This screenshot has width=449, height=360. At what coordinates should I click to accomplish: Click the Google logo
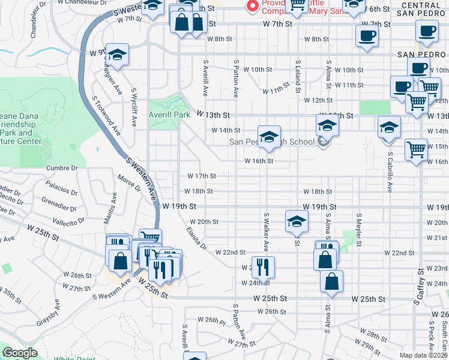coord(20,353)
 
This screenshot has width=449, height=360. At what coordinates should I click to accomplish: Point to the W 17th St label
coord(201,176)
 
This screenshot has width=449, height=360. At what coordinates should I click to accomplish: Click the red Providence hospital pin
coord(253,5)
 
